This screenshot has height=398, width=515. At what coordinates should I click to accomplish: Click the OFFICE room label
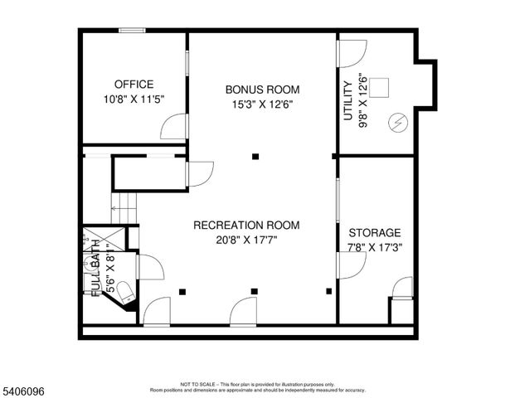[x=134, y=84]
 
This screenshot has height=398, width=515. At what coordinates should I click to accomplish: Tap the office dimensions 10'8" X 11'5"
[x=134, y=99]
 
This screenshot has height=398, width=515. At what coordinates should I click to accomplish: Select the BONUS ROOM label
[x=262, y=89]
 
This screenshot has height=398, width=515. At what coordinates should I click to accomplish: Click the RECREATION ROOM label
[x=246, y=225]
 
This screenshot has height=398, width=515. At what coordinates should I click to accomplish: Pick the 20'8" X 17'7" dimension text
[x=246, y=240]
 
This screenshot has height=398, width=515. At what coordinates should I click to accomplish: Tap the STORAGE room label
[x=375, y=233]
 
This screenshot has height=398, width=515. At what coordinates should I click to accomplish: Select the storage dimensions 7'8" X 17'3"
[x=375, y=247]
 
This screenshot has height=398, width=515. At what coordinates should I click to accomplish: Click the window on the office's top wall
[x=133, y=32]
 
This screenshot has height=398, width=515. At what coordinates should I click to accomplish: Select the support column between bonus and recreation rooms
[x=256, y=156]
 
